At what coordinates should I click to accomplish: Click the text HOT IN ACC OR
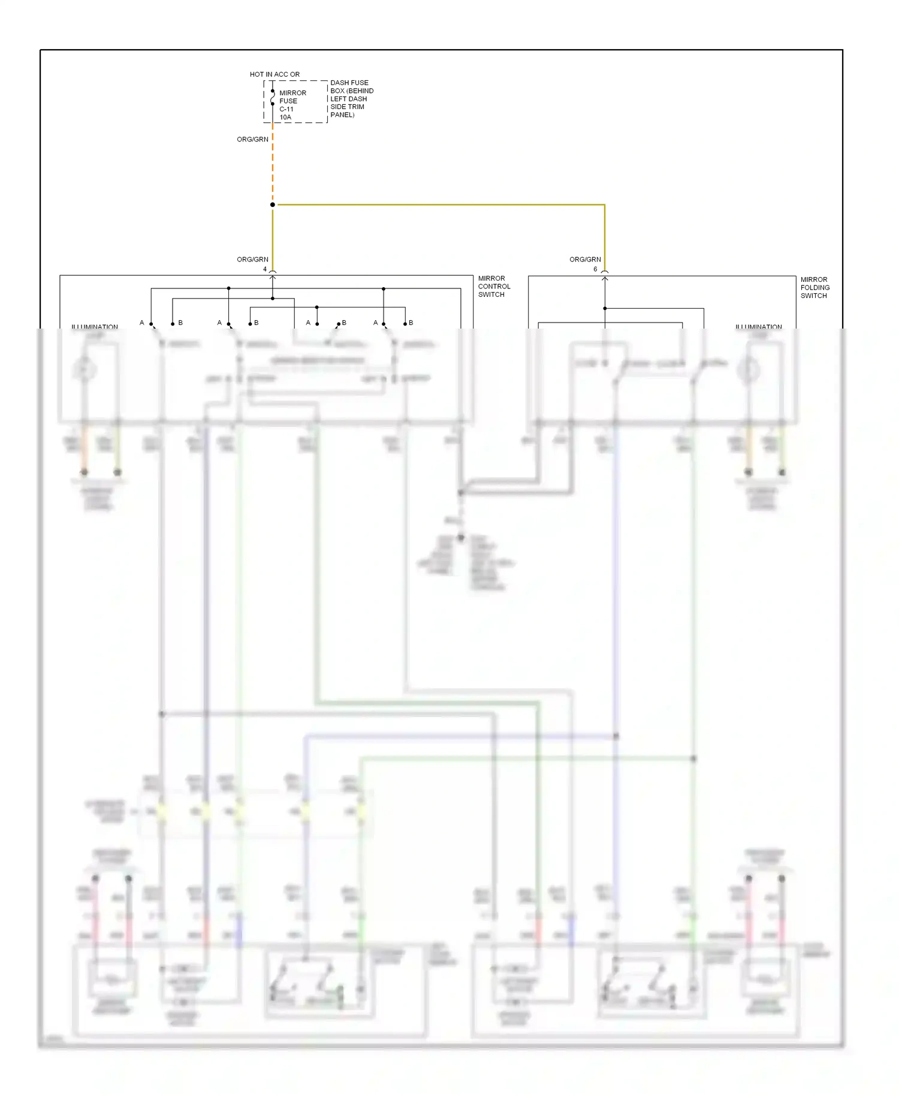[274, 74]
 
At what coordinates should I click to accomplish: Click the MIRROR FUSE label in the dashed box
[292, 97]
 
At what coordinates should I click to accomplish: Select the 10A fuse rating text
[285, 118]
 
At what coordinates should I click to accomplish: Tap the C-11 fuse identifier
[286, 109]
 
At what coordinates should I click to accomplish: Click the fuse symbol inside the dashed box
[273, 98]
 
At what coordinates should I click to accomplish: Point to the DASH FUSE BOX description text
[351, 98]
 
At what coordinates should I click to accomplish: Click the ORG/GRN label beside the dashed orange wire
[252, 139]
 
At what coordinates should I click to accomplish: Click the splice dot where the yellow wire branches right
[273, 205]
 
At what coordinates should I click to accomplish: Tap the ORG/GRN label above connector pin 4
[252, 260]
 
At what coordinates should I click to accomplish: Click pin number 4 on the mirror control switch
[265, 269]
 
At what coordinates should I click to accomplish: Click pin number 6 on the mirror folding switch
[595, 269]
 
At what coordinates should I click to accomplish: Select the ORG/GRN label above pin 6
[585, 260]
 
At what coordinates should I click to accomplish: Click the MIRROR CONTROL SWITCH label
[494, 287]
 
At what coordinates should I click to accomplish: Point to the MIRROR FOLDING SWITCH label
[815, 288]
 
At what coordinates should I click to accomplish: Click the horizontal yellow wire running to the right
[441, 205]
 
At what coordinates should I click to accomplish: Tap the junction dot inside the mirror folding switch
[605, 308]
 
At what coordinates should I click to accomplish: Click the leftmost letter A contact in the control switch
[142, 323]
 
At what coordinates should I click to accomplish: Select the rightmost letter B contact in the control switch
[411, 323]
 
